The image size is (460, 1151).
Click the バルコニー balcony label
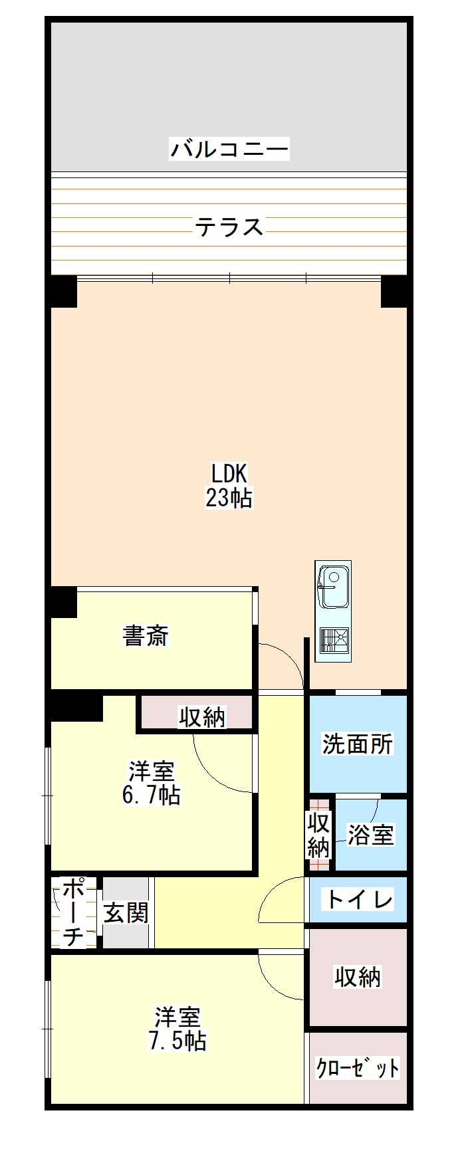[x=229, y=148]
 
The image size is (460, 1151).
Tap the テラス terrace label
[x=229, y=227]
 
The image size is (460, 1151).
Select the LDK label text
[x=229, y=474]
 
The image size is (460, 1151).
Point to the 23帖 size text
[x=229, y=498]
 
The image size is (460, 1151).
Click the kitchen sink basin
[x=334, y=585]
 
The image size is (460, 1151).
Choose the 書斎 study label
[x=146, y=635]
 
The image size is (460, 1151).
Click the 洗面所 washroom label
[x=358, y=744]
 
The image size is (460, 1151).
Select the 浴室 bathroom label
[x=371, y=835]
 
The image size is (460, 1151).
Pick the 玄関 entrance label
[x=126, y=913]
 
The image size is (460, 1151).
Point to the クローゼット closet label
[x=358, y=1068]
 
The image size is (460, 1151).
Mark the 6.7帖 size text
[x=152, y=795]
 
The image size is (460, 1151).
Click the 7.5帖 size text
[x=177, y=1040]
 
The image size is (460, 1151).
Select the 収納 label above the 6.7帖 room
[x=202, y=717]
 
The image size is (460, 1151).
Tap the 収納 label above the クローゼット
[x=358, y=977]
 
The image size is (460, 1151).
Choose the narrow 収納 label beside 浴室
[x=319, y=835]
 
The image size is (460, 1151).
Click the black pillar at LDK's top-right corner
[x=394, y=292]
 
